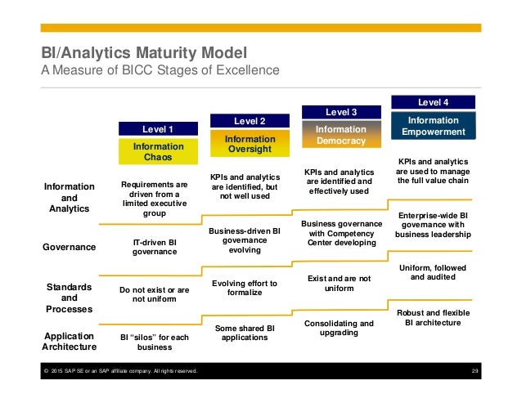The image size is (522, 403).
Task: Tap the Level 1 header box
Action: [158, 128]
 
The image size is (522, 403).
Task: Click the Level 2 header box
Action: [250, 121]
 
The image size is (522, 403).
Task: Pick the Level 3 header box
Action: [341, 111]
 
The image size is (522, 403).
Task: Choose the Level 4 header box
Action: [434, 102]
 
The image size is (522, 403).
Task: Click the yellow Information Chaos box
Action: [158, 151]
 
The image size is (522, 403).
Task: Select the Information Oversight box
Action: [250, 145]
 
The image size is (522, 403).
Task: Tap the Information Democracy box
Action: [341, 135]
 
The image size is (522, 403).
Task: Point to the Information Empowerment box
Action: [434, 125]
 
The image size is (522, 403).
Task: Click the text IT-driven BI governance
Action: [155, 247]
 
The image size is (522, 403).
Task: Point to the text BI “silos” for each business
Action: [155, 341]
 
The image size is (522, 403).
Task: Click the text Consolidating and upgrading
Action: [339, 328]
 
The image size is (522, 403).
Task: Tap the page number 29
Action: [475, 372]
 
